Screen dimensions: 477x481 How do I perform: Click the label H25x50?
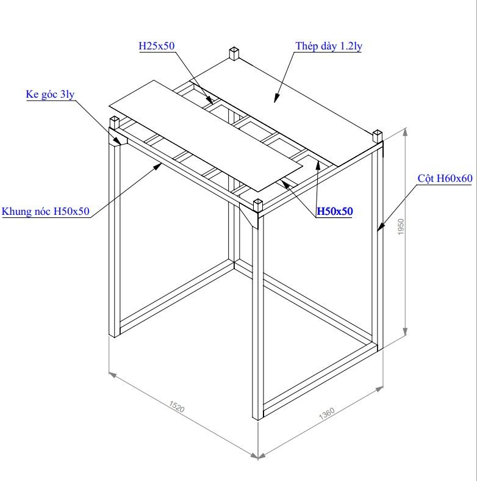[157, 46]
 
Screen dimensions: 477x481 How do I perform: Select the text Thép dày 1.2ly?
[329, 46]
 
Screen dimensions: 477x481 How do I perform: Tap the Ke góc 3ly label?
[50, 94]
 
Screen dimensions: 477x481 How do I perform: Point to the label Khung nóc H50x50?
[45, 211]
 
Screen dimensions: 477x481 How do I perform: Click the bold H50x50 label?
[335, 211]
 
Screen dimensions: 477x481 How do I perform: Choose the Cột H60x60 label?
[445, 178]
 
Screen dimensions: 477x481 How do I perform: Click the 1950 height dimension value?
[401, 226]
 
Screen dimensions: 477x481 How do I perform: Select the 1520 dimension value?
[177, 406]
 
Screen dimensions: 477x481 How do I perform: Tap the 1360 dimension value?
[326, 414]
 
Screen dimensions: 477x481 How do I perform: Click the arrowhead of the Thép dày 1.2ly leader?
[276, 98]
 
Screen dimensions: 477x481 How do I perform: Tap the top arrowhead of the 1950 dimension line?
[405, 132]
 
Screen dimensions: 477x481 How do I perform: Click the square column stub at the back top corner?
[234, 53]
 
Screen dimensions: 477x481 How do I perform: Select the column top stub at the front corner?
[258, 206]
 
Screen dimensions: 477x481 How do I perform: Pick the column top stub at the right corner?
[378, 137]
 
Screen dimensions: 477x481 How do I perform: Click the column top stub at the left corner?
[114, 123]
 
